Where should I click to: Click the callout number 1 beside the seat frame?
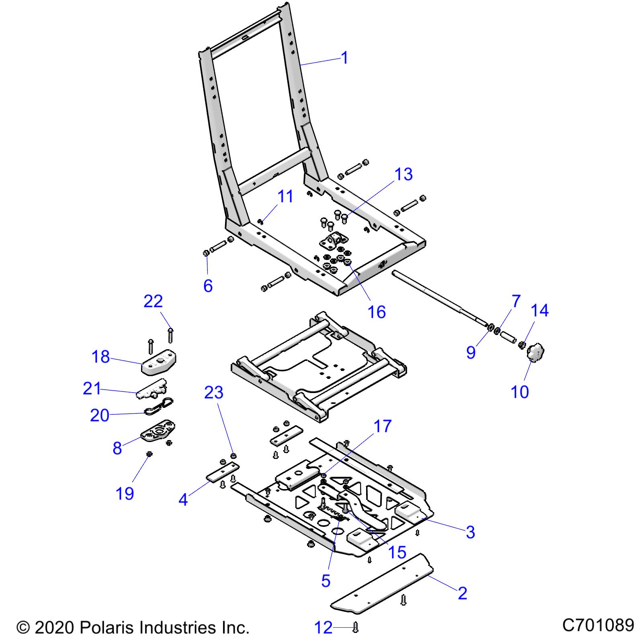pos(344,58)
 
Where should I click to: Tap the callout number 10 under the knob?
pos(520,391)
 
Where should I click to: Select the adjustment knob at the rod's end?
pos(534,353)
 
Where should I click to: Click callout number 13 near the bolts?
pos(403,174)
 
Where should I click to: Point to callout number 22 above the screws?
pos(153,301)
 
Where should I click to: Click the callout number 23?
pos(213,392)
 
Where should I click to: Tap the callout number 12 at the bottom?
pos(323,627)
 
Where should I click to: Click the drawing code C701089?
pos(598,625)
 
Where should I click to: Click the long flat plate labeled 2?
pos(382,587)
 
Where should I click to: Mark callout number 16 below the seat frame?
pos(377,311)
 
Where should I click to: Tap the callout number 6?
pos(208,286)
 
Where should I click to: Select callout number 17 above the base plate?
pos(382,426)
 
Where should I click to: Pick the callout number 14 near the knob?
pos(539,310)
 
